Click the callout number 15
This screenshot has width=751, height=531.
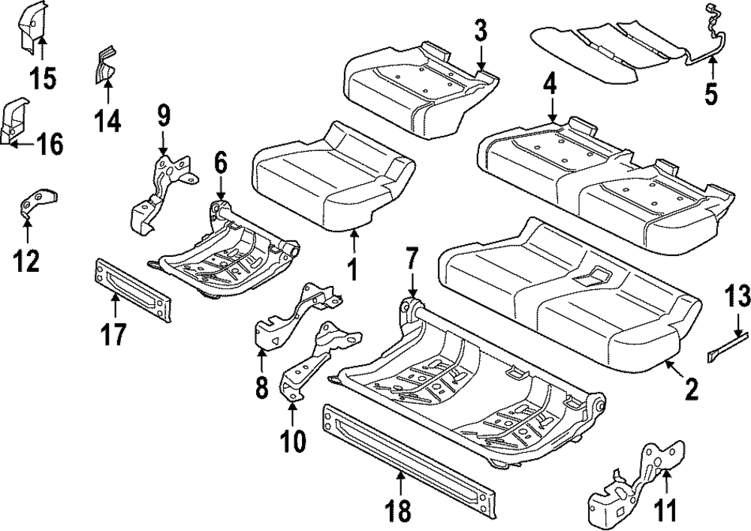tap(43, 78)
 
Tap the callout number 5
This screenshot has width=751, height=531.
tap(711, 93)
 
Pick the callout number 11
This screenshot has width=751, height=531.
tap(665, 511)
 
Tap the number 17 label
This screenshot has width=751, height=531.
tap(114, 334)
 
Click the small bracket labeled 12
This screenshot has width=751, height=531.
tap(38, 204)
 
